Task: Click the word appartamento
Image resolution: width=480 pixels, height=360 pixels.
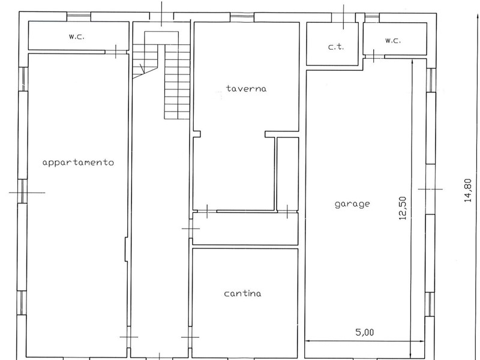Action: point(78,162)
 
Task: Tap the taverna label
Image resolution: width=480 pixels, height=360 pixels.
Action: point(247,88)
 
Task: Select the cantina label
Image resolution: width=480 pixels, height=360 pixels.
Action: point(243,293)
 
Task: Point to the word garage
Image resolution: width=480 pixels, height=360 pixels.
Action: point(352,204)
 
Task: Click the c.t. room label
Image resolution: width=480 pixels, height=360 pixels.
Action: point(336,47)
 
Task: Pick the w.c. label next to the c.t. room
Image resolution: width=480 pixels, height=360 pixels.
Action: point(393,40)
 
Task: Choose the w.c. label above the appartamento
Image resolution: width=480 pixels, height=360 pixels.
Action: point(76,37)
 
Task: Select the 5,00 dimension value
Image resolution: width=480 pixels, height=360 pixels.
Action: point(365,332)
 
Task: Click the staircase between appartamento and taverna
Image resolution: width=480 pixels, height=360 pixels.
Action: point(161,75)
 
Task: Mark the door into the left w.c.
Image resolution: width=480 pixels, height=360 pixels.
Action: point(116,52)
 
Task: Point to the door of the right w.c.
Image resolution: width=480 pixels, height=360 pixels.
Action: point(374,56)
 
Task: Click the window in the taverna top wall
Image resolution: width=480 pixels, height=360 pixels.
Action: point(242,17)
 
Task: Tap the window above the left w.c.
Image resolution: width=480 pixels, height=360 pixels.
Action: point(79,17)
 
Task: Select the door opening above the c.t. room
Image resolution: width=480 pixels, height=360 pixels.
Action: point(343,17)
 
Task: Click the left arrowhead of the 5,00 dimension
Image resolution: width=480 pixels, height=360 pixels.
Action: point(308,341)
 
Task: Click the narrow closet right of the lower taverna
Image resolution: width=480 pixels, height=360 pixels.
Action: point(288,174)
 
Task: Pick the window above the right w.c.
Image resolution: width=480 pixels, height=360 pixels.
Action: point(371,18)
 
